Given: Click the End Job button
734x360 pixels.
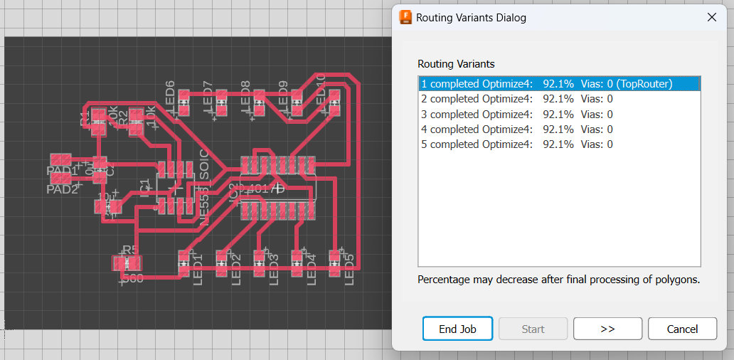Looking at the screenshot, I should click(x=457, y=329).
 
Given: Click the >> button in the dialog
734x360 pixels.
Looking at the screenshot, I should click(x=607, y=329).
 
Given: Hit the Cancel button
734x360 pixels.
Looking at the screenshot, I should click(x=682, y=329).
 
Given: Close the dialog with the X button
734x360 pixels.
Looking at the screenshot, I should click(x=712, y=17).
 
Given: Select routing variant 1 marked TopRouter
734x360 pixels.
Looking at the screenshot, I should click(x=546, y=84).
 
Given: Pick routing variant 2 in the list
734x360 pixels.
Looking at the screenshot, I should click(x=517, y=99).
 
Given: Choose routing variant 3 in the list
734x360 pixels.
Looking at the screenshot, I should click(x=517, y=114).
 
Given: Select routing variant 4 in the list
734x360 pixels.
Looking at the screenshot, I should click(x=517, y=129).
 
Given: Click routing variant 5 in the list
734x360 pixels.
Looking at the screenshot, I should click(x=517, y=144).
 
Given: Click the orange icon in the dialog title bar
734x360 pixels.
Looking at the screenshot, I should click(x=406, y=17).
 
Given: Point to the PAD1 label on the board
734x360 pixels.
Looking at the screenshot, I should click(x=62, y=171).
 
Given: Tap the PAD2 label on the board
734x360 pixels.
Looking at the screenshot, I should click(x=62, y=189).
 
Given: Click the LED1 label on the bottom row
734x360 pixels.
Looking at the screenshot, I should click(x=198, y=270).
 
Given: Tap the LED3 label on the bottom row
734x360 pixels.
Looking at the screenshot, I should click(x=274, y=270).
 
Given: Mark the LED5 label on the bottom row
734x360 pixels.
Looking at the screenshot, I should click(x=349, y=270).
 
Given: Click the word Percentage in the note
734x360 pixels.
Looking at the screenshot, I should click(x=443, y=280).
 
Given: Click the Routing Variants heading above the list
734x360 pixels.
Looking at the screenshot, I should click(x=456, y=64).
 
